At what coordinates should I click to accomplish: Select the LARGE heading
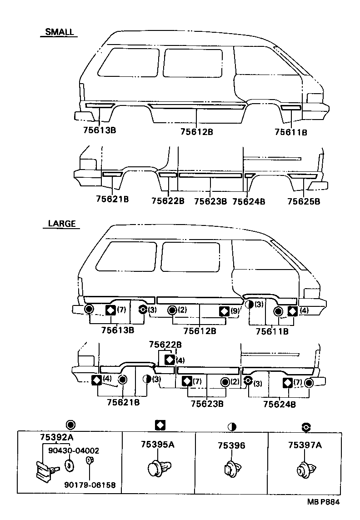pyautogui.click(x=62, y=224)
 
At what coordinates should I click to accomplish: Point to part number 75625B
pyautogui.click(x=304, y=200)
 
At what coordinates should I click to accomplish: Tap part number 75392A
pyautogui.click(x=55, y=437)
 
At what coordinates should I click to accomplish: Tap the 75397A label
pyautogui.click(x=305, y=445)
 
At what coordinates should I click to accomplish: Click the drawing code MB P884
pyautogui.click(x=323, y=502)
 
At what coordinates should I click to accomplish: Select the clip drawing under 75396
pyautogui.click(x=230, y=469)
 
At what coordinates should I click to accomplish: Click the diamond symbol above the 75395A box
pyautogui.click(x=160, y=425)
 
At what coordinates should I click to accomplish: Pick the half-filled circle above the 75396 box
pyautogui.click(x=232, y=427)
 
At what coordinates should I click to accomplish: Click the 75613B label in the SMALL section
pyautogui.click(x=100, y=130)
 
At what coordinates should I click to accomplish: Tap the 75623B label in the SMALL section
pyautogui.click(x=210, y=200)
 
